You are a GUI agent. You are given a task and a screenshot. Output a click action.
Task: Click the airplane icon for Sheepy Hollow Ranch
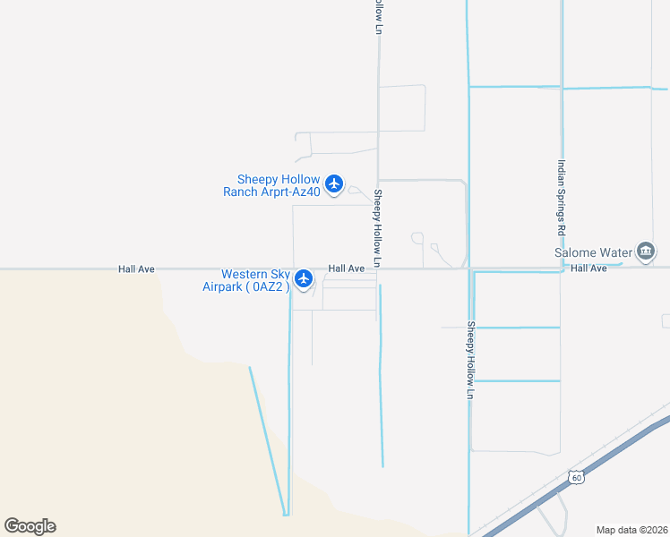(x=334, y=184)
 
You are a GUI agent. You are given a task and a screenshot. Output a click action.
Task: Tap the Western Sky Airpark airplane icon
(x=304, y=279)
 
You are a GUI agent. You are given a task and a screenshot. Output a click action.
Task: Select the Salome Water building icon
(x=645, y=252)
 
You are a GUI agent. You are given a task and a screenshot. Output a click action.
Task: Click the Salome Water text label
(x=593, y=252)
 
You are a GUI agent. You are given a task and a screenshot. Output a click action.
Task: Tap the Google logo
(x=30, y=526)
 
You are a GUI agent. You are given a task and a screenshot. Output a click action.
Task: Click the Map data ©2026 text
(x=631, y=530)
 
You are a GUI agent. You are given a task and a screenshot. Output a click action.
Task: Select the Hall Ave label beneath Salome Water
(x=588, y=268)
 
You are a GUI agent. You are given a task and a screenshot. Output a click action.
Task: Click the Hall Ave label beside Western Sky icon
(x=346, y=268)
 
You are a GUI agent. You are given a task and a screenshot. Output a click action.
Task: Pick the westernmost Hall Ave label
(x=136, y=268)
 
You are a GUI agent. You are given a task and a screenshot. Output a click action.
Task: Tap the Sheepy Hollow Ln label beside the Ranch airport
(x=379, y=228)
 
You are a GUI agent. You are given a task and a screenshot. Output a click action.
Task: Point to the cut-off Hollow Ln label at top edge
(x=379, y=16)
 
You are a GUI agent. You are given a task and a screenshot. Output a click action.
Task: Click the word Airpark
(x=224, y=286)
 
